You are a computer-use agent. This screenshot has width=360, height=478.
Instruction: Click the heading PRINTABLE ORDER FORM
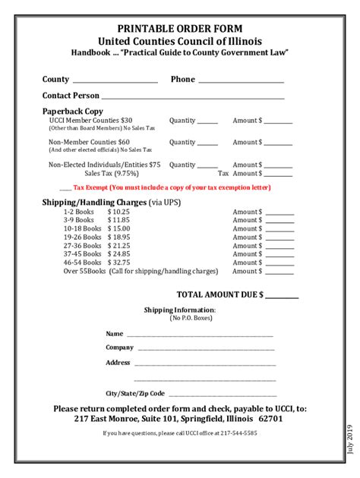(x=179, y=28)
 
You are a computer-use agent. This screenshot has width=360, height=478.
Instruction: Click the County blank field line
(x=114, y=80)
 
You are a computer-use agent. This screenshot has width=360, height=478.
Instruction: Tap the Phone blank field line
(x=241, y=80)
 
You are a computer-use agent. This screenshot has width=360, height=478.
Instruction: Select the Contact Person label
(x=71, y=96)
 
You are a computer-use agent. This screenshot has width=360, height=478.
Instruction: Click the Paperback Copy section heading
(x=72, y=111)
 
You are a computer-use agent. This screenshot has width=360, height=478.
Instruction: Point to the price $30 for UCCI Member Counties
(x=126, y=121)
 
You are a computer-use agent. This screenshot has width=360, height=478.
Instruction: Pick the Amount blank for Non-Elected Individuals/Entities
(x=278, y=166)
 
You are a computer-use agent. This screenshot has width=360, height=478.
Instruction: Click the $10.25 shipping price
(x=118, y=212)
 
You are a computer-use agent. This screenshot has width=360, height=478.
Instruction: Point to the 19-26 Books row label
(x=82, y=237)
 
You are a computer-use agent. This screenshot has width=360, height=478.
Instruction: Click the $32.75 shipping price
(x=118, y=262)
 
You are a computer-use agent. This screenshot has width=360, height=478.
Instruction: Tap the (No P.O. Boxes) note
(x=180, y=318)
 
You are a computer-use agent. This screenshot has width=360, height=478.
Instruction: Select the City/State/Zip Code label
(x=135, y=394)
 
